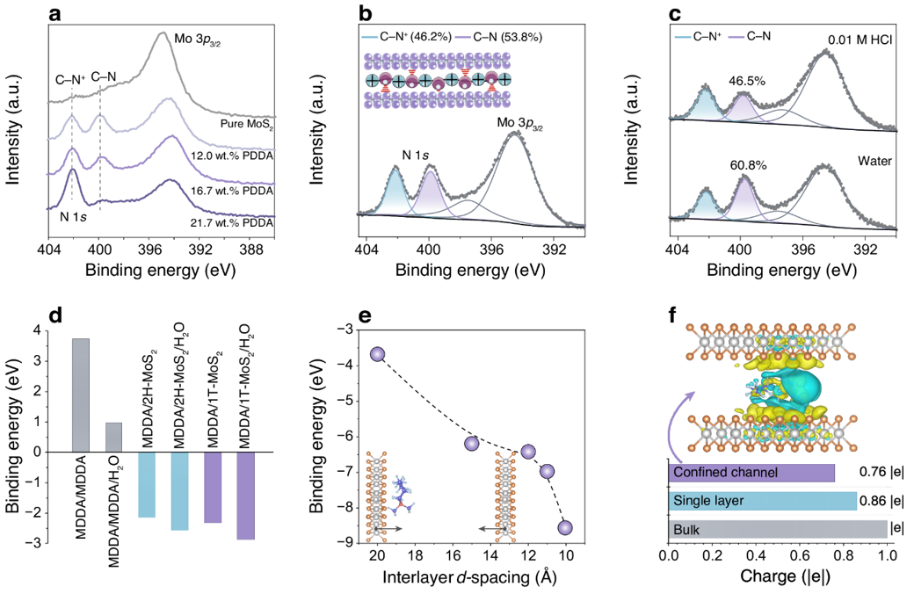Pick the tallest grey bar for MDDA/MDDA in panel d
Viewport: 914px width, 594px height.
(x=80, y=395)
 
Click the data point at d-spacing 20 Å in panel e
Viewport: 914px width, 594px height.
(x=378, y=354)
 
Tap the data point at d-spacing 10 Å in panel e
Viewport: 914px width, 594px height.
(x=565, y=527)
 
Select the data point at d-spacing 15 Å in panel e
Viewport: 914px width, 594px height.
(x=471, y=444)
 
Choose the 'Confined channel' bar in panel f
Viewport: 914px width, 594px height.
(x=751, y=473)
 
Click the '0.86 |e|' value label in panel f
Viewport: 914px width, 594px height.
(x=881, y=502)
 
